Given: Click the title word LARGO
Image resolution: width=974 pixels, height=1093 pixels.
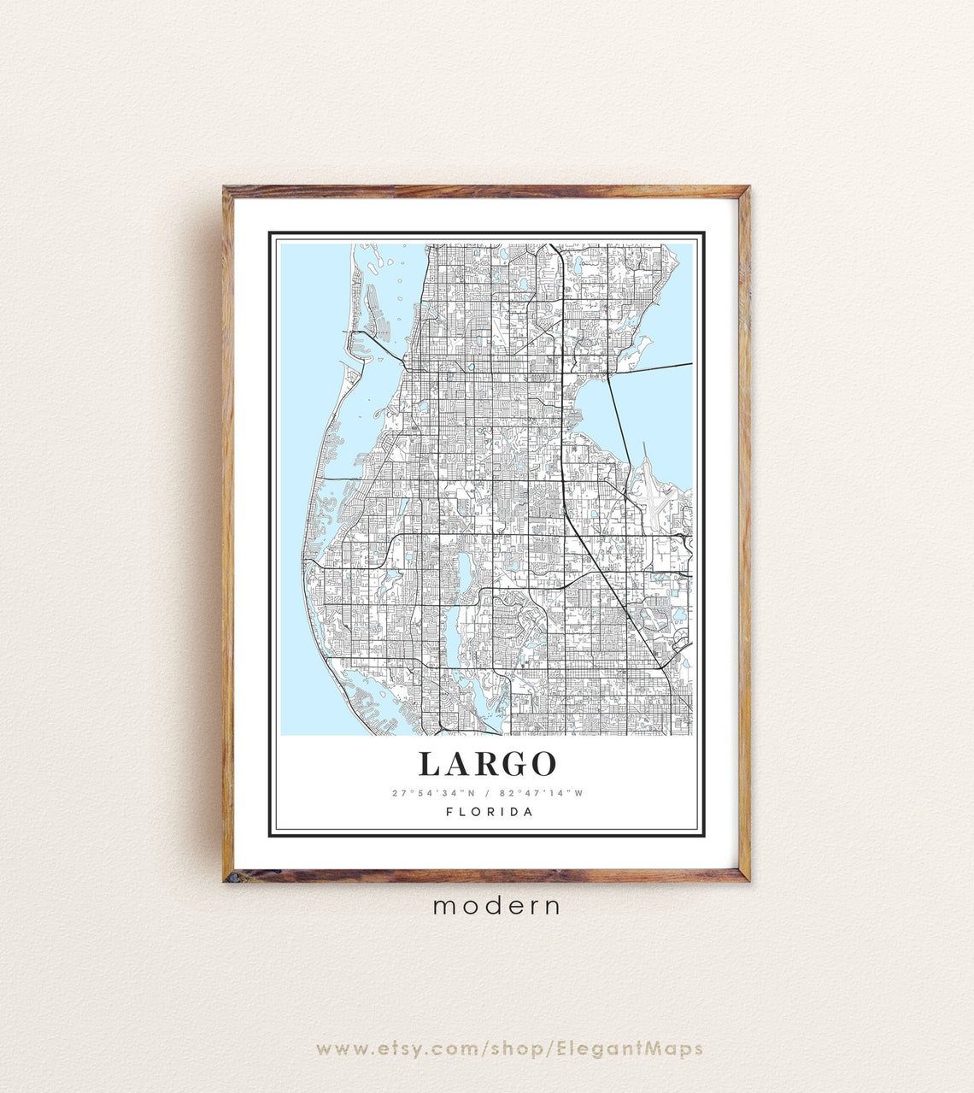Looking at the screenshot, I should (487, 763).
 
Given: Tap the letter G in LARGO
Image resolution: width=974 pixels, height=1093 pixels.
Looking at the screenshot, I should (511, 763).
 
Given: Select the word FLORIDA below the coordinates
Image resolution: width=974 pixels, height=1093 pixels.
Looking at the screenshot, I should (490, 812).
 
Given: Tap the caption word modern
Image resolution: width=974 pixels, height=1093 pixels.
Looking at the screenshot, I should (497, 906).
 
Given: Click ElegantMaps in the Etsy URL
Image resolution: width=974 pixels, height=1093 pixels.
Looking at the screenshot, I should (630, 1049).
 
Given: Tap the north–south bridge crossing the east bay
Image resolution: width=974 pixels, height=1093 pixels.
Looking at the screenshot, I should (621, 427).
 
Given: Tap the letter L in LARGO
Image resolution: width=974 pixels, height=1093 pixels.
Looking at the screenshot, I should (430, 763).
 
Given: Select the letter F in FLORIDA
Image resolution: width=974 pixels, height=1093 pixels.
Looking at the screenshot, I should (449, 812).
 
